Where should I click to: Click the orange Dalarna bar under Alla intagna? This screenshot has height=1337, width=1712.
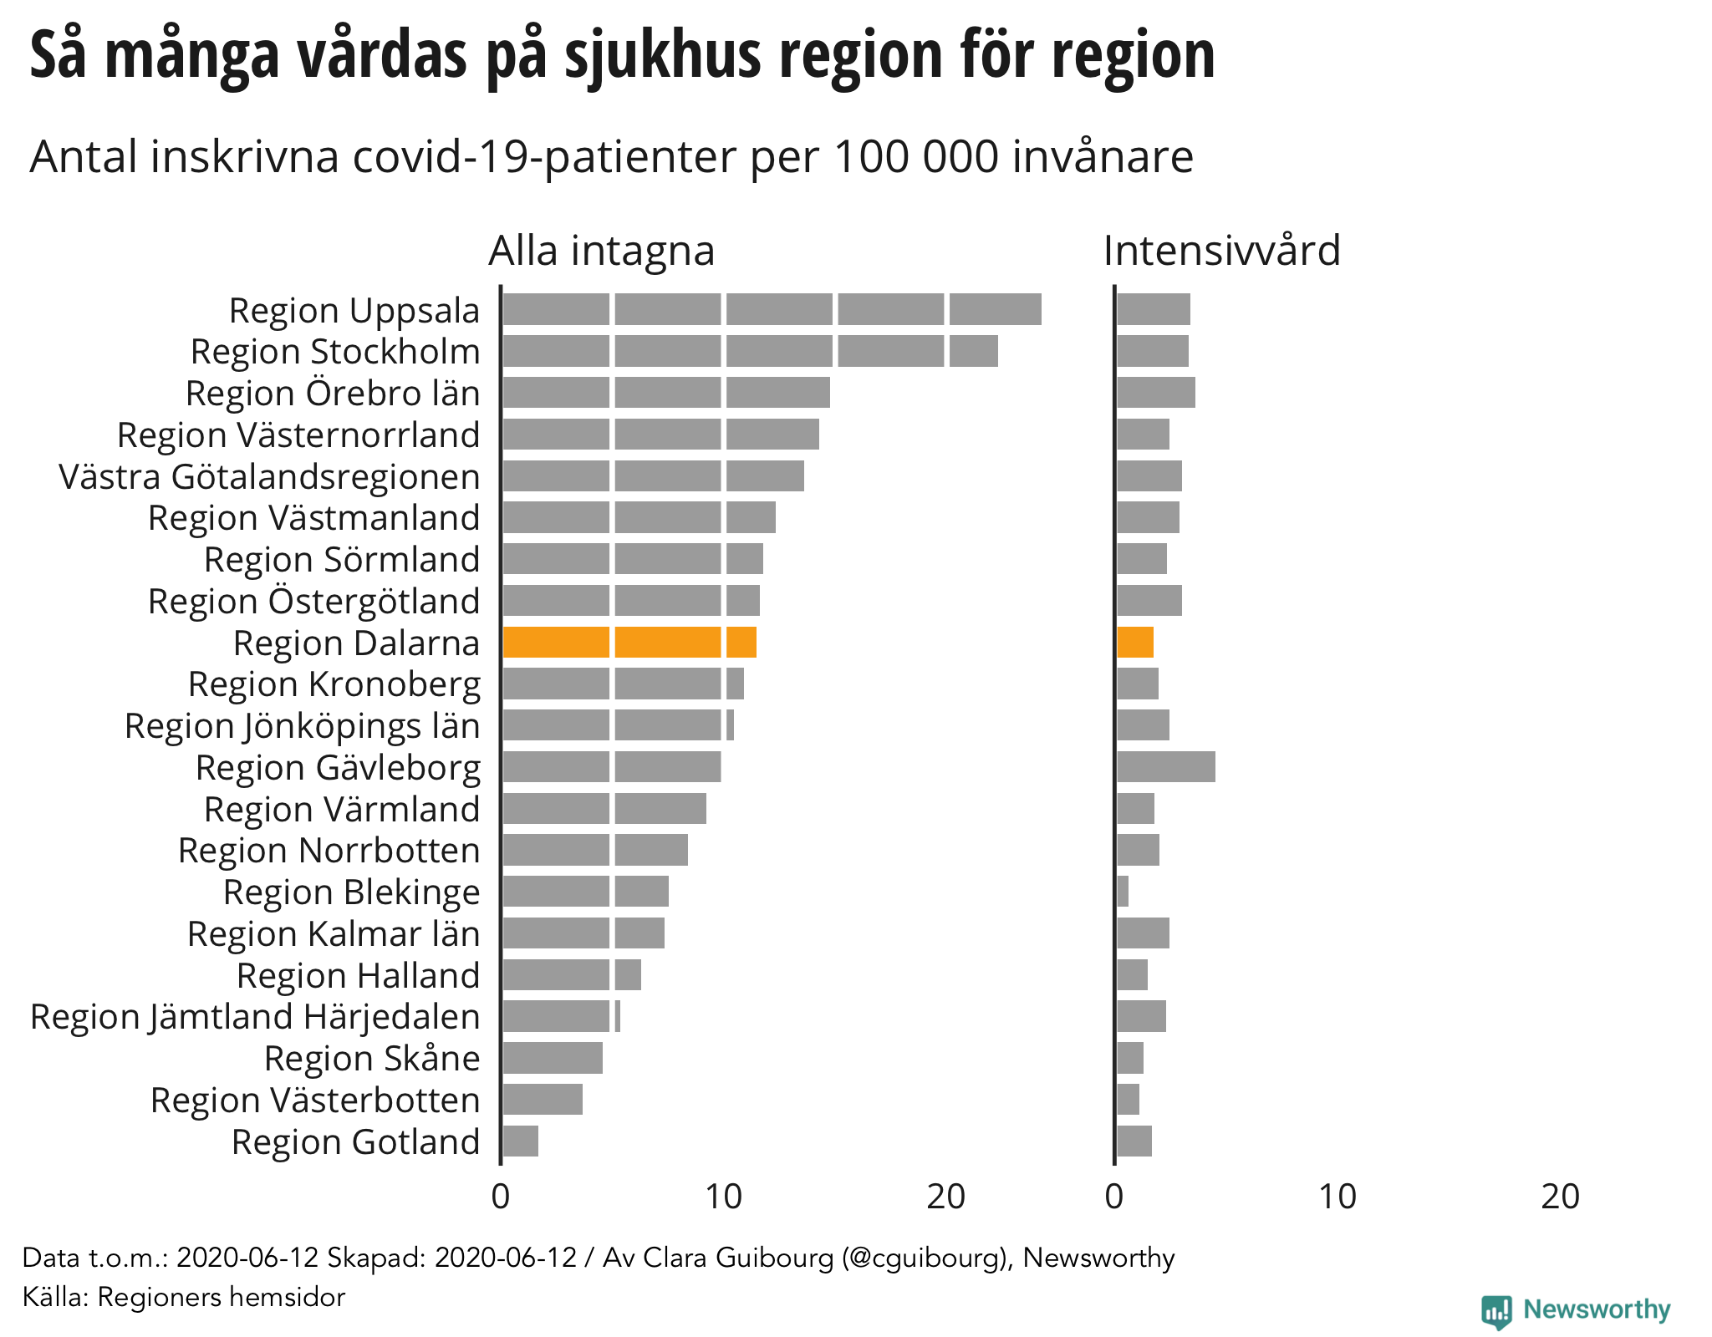tap(629, 642)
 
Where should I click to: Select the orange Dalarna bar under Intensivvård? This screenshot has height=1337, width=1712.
tap(1134, 642)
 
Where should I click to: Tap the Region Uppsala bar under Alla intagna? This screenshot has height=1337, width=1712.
tap(771, 309)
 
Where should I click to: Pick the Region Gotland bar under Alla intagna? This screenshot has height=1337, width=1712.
tap(520, 1141)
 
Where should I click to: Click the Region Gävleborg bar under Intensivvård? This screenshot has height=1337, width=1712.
tap(1165, 766)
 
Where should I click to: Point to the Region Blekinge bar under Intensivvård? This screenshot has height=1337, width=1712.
tap(1123, 892)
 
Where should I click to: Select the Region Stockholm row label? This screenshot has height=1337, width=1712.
tap(335, 352)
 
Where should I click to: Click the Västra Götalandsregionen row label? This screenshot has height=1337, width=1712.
tap(269, 477)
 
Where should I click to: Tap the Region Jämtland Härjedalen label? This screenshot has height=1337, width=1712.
tap(255, 1017)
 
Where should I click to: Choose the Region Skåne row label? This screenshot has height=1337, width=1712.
tap(372, 1059)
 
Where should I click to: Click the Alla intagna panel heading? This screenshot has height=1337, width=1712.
tap(602, 251)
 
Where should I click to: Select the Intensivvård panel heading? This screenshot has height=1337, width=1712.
tap(1221, 251)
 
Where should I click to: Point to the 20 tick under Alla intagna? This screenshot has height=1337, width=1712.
tap(946, 1197)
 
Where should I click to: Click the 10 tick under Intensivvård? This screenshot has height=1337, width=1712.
tap(1337, 1197)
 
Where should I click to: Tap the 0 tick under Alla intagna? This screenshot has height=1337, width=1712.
tap(501, 1197)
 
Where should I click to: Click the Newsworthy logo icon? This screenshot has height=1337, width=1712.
tap(1496, 1310)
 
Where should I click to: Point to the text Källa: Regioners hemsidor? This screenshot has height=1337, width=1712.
tap(184, 1297)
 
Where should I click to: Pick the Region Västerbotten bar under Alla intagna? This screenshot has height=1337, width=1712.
tap(543, 1100)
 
